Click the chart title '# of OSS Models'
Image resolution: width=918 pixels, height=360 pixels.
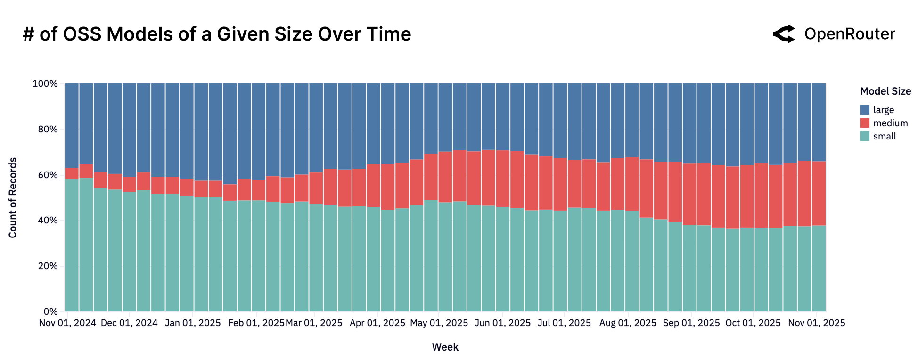217,34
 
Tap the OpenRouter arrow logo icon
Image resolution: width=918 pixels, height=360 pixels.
784,34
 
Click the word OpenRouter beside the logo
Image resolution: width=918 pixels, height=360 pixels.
849,34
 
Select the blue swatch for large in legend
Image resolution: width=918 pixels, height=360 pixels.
865,110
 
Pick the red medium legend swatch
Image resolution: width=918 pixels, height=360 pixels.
865,123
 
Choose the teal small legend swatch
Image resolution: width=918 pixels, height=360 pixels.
865,136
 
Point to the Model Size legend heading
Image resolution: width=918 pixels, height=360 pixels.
885,91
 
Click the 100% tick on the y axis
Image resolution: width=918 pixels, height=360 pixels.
45,83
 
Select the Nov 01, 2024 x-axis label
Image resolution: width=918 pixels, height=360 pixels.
67,323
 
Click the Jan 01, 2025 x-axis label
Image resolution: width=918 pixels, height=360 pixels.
193,323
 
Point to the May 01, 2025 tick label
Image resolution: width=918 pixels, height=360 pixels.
439,323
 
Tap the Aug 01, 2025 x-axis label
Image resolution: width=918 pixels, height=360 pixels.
628,323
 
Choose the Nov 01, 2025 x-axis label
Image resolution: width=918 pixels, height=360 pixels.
817,323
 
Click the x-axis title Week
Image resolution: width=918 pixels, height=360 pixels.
445,347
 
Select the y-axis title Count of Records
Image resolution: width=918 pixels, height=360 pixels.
13,197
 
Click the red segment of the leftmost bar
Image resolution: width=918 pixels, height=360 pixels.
72,173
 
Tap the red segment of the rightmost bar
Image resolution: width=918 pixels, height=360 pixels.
819,193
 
